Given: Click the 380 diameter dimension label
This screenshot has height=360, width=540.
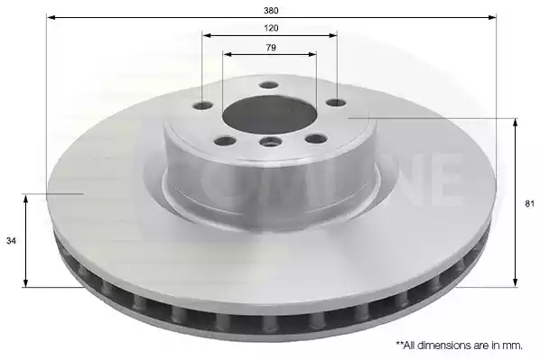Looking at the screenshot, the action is tap(271, 10).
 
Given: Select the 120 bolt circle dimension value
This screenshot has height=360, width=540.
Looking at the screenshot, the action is tap(271, 28).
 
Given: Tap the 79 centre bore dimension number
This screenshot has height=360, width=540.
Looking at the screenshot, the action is tap(271, 48).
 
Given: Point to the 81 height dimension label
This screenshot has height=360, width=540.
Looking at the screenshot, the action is tap(529, 204).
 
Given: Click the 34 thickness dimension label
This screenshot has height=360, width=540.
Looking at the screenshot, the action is tap(11, 241).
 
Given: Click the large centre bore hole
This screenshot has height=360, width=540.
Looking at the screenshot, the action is tap(269, 115).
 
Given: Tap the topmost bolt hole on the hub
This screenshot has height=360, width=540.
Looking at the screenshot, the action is tap(269, 85).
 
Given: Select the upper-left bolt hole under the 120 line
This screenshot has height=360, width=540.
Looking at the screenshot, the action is tap(203, 106).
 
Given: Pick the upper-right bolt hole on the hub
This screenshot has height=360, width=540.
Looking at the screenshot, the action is tap(336, 102).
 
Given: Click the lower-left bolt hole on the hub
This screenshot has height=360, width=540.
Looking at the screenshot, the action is tap(224, 141).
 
